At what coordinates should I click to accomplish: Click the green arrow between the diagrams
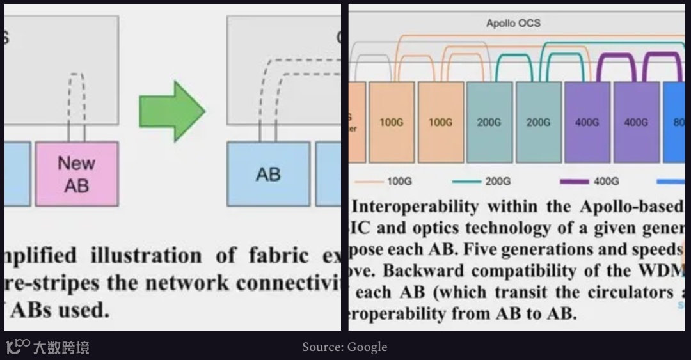pos(171,111)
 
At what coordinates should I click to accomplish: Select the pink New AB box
pos(76,173)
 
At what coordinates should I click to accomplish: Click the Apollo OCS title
pos(513,24)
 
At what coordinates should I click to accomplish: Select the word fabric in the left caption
pos(272,257)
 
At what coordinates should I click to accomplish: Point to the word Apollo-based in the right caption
pos(631,207)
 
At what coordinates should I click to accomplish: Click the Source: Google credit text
pos(345,347)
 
